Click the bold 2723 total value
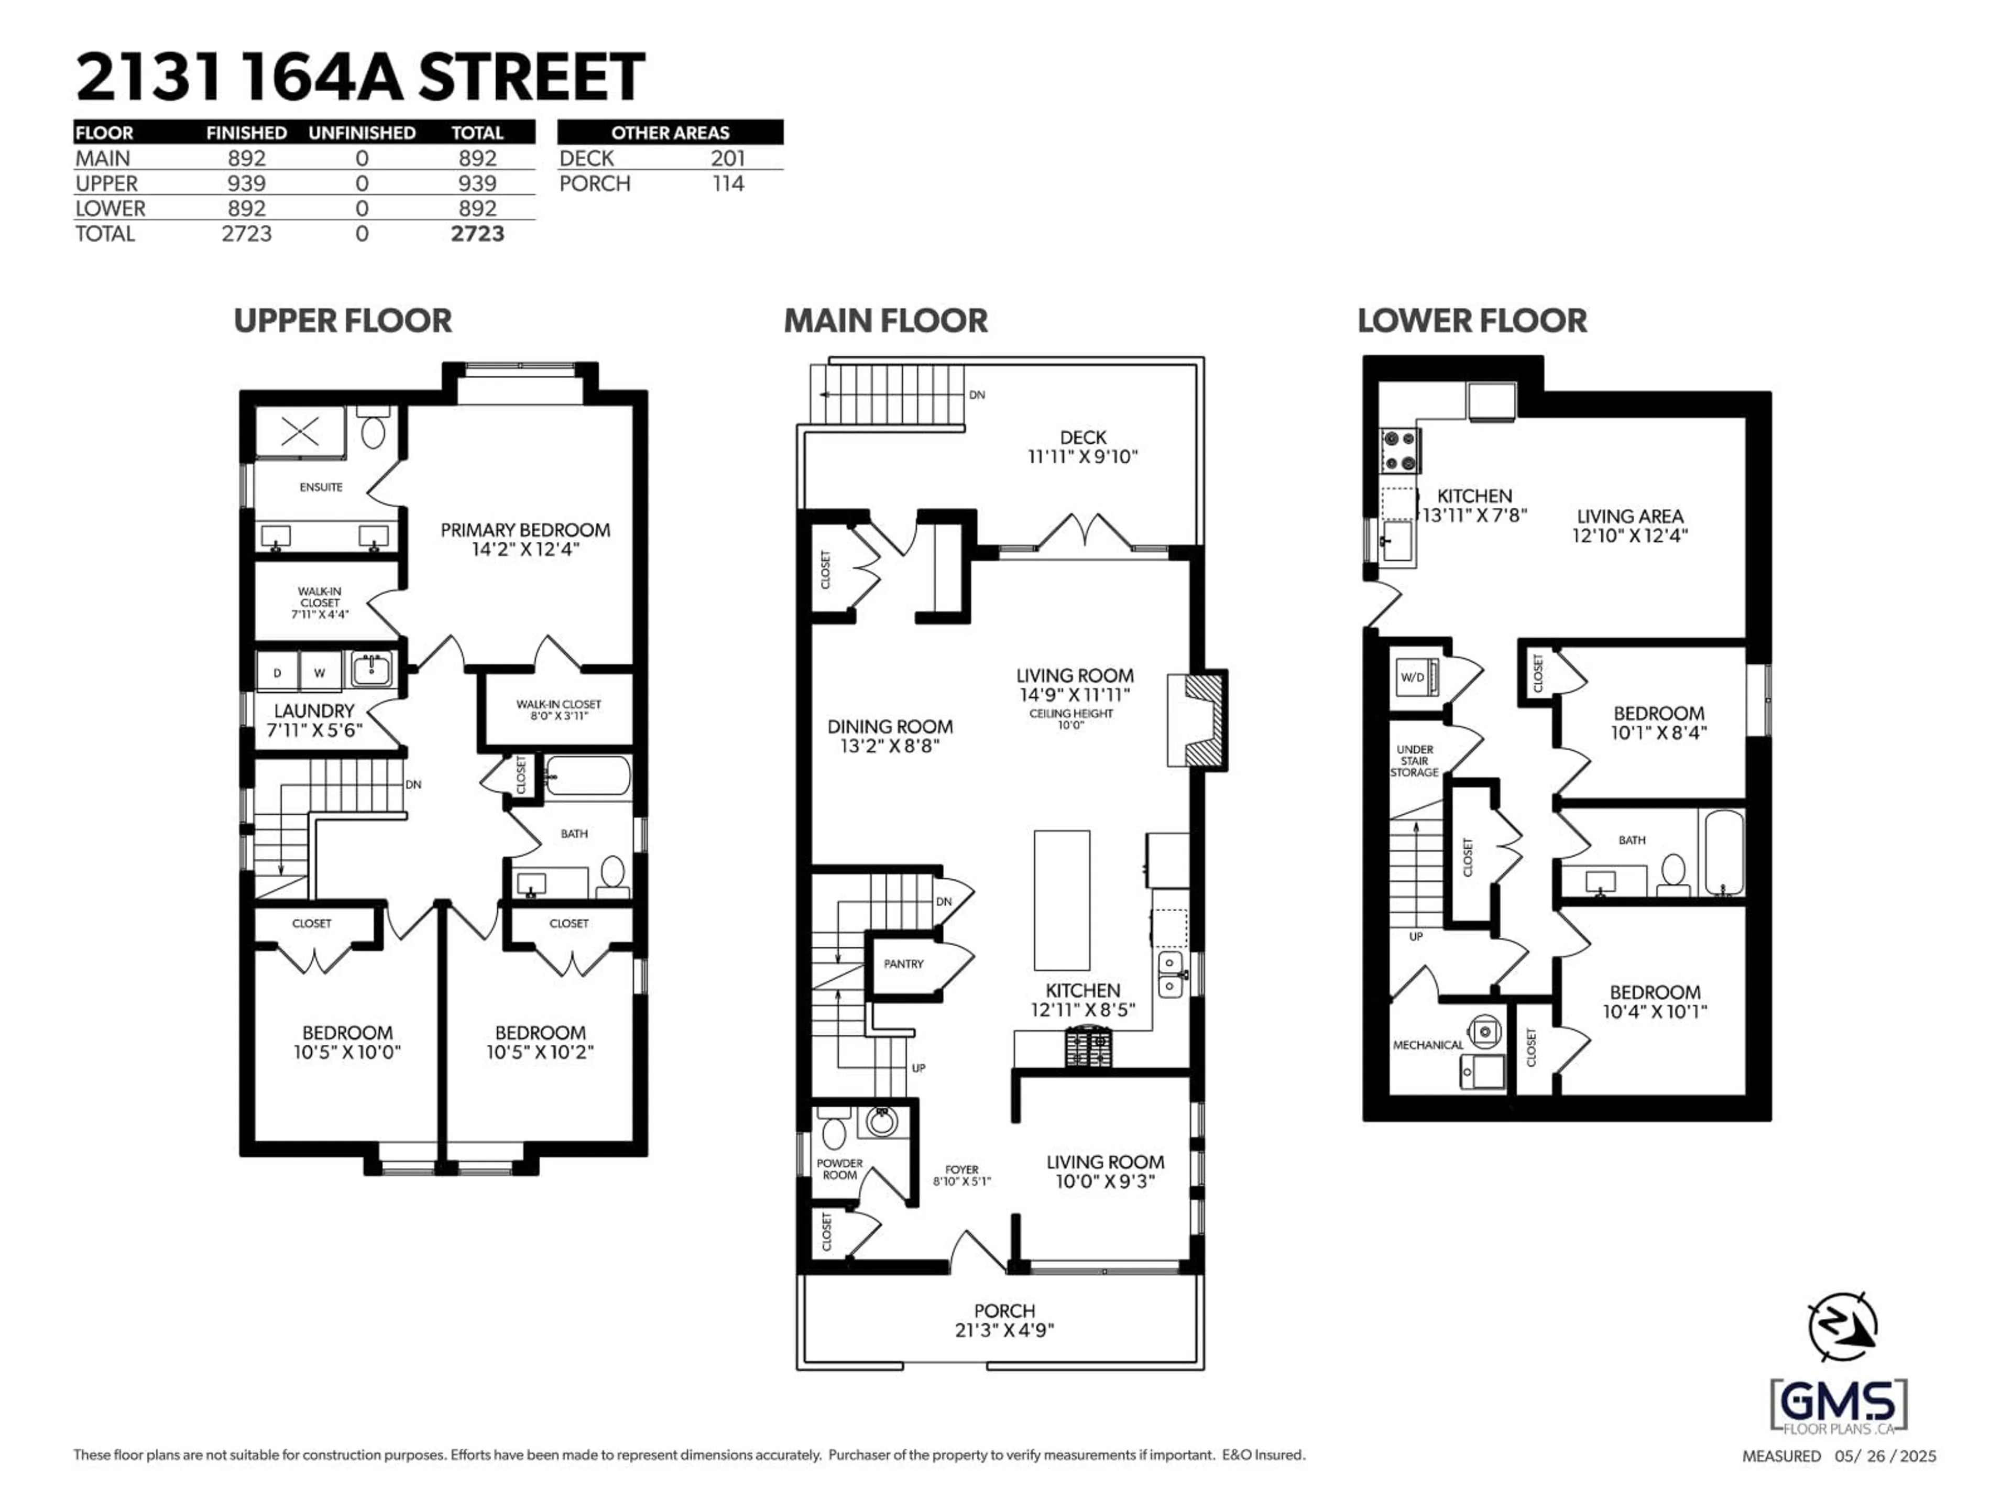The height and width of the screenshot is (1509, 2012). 477,234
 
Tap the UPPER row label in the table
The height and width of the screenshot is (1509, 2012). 106,184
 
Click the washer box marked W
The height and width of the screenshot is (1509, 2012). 319,672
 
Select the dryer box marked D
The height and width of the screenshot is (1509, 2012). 277,672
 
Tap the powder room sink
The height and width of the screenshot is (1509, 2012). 880,1121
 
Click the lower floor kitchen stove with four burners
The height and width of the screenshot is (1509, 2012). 1400,450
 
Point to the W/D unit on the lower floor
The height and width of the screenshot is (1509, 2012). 1414,677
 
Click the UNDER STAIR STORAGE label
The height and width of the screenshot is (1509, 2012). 1414,760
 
